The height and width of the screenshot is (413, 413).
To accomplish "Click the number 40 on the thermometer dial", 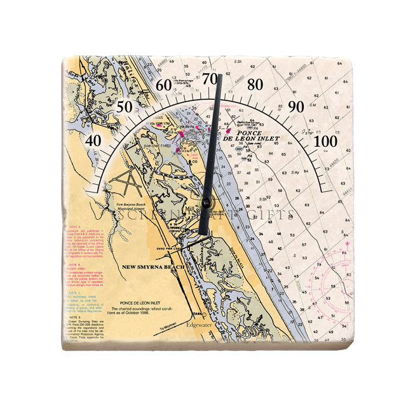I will (x=94, y=140).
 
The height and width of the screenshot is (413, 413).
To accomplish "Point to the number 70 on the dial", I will (x=210, y=79).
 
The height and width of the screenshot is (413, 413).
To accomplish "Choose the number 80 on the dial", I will (x=255, y=85).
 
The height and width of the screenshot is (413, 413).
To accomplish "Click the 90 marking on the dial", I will (x=296, y=107).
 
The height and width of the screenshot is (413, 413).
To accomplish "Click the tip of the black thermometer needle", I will (x=220, y=77).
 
